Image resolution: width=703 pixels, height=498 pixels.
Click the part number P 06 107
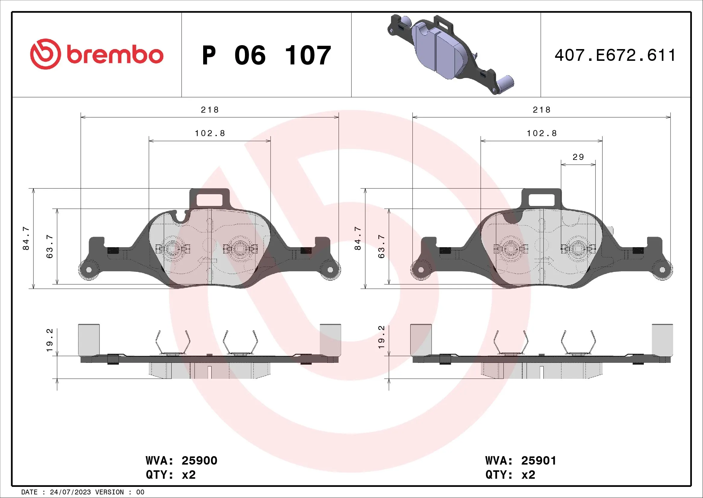tap(266, 55)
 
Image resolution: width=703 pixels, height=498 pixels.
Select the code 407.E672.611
tap(615, 55)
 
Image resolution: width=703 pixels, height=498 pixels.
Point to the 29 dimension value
tap(578, 157)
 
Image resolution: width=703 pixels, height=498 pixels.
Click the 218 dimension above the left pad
tap(210, 110)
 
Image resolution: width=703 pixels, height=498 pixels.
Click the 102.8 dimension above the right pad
tap(542, 133)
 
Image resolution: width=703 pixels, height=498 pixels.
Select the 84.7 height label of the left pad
tap(26, 238)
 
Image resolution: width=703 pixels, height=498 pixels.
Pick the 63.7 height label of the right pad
tap(381, 246)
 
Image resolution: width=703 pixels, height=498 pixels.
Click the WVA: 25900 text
tap(181, 460)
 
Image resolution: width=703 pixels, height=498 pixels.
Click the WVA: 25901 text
tap(521, 460)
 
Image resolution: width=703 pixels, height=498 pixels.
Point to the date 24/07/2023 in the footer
tap(70, 492)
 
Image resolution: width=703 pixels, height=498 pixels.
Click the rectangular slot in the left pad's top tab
tap(209, 200)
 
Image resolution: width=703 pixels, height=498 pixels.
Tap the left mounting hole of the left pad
tap(89, 270)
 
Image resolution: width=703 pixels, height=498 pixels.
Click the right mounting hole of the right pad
tap(662, 270)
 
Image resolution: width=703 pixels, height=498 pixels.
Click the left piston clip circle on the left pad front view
tap(173, 249)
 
